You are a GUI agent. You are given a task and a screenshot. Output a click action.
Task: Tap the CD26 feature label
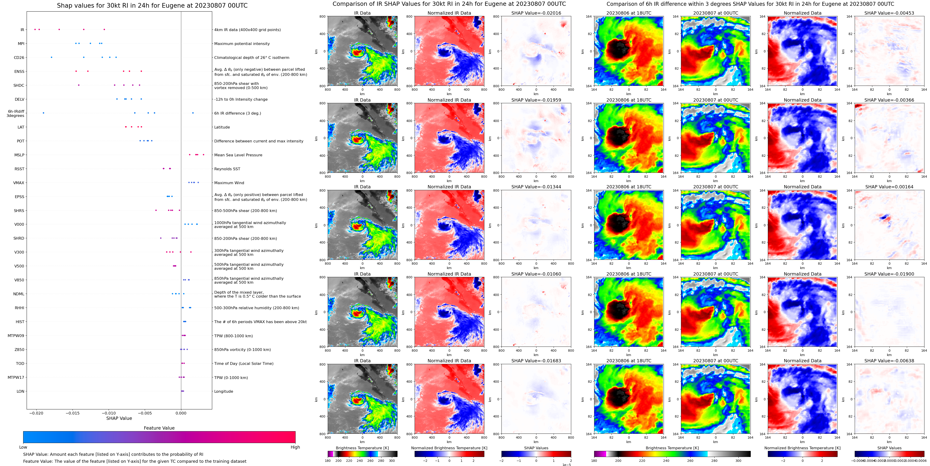(19, 58)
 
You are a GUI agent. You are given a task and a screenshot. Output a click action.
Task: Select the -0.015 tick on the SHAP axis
(73, 413)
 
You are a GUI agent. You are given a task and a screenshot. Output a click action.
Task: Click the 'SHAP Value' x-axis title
(119, 418)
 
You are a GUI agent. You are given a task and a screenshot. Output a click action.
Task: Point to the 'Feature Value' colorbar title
(159, 428)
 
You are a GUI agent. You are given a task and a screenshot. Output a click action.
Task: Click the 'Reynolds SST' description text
(227, 169)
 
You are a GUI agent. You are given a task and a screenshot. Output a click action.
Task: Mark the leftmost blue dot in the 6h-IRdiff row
(43, 113)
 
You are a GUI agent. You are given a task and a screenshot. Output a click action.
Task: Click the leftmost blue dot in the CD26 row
(51, 57)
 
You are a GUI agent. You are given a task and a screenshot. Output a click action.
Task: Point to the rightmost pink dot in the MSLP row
(203, 155)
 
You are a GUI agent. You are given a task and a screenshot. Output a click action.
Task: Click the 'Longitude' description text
(224, 392)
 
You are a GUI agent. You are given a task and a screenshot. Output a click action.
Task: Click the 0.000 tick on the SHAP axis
(181, 413)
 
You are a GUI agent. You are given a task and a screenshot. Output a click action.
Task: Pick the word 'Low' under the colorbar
(23, 447)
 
